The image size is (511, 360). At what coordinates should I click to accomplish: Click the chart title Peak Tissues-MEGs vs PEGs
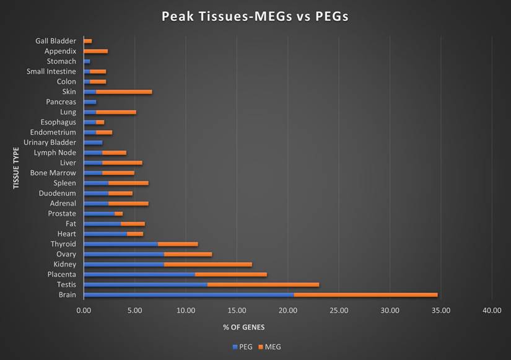255,16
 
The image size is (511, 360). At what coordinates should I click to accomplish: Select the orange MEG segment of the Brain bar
365,295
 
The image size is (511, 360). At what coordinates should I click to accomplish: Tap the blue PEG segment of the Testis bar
146,284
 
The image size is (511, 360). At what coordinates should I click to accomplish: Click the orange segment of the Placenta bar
230,274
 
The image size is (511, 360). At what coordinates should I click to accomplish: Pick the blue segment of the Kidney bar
124,264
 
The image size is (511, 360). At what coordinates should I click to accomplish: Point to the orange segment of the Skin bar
124,92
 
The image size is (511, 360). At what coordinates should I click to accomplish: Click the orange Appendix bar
96,51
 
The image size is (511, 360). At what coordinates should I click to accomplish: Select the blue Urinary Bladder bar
93,143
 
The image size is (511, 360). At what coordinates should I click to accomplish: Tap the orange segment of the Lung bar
116,112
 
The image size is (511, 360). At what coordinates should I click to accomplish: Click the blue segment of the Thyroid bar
121,244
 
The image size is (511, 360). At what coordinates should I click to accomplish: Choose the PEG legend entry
243,347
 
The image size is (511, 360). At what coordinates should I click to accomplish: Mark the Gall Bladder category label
55,42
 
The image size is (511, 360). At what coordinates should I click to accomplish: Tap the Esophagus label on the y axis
59,122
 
